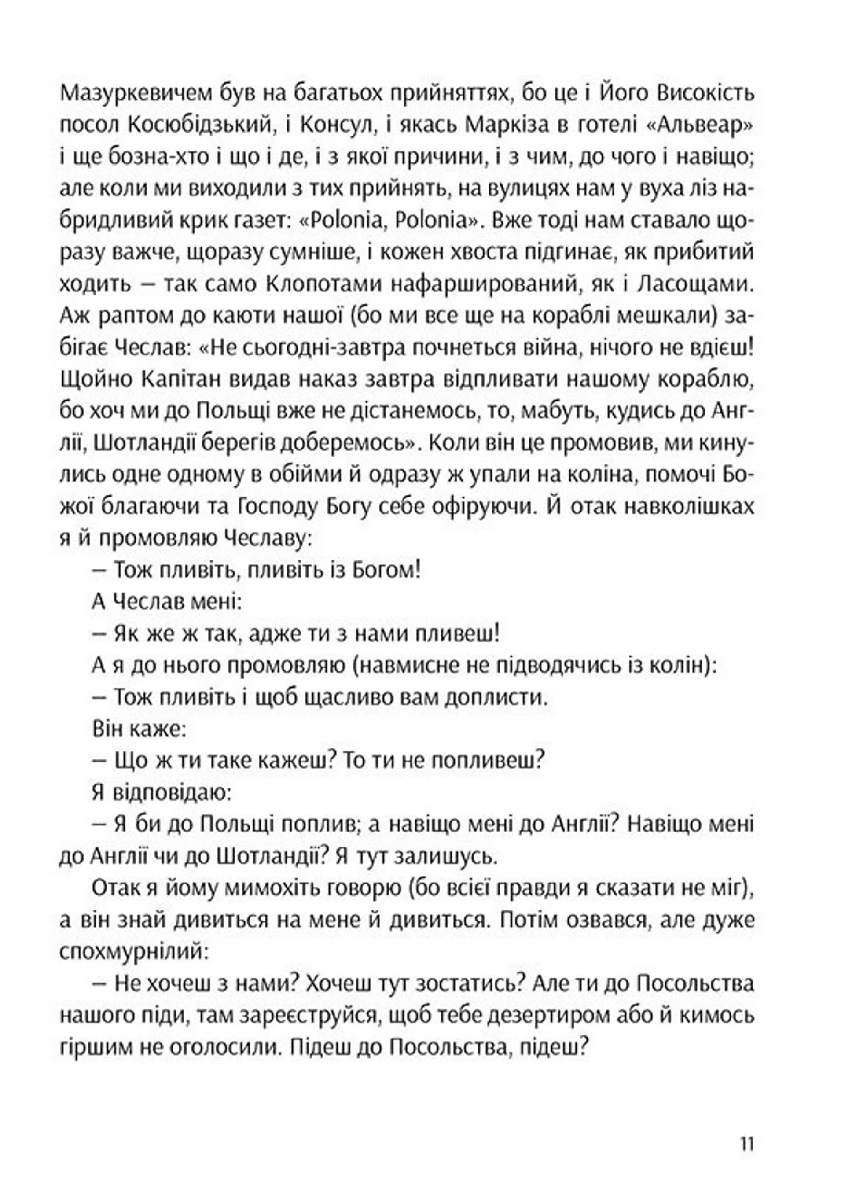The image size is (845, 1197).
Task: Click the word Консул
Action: [336, 125]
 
